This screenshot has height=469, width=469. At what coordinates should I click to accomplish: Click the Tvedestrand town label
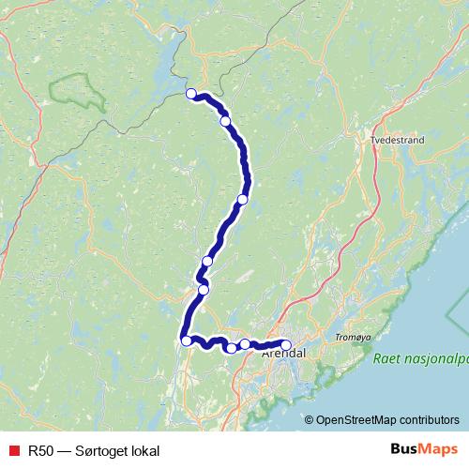(399, 140)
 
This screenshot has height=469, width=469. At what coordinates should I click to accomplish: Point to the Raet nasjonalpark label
(419, 358)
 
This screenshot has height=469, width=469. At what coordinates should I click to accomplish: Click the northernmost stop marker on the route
(191, 93)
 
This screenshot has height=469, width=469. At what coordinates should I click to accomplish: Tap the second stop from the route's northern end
(225, 121)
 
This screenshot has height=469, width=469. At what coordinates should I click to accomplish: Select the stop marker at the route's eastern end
(286, 344)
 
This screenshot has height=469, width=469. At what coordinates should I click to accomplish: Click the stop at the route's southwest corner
(188, 340)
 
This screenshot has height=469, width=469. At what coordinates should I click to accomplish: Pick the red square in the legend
(13, 450)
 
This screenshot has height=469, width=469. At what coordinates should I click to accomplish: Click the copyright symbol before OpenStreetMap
(310, 419)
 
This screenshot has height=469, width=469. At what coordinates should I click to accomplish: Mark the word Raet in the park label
(386, 358)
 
